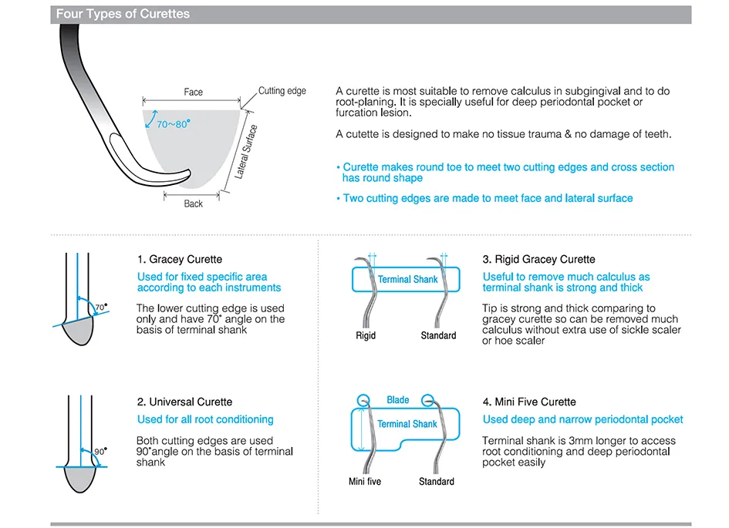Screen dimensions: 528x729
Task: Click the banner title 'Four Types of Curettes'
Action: click(x=123, y=14)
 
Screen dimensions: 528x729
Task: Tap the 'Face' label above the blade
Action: click(x=194, y=92)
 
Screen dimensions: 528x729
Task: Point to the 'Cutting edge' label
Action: click(x=282, y=91)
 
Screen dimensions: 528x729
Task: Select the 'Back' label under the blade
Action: click(x=194, y=203)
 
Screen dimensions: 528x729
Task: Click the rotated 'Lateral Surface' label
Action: click(x=246, y=152)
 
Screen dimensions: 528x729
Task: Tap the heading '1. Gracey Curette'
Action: click(x=180, y=260)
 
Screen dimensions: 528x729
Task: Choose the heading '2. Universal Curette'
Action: click(x=184, y=402)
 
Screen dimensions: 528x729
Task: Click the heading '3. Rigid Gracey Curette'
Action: click(x=539, y=260)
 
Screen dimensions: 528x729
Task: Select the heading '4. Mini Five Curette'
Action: click(x=529, y=402)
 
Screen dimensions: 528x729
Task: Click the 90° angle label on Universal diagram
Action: click(x=100, y=451)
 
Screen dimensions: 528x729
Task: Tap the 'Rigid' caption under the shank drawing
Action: click(x=366, y=336)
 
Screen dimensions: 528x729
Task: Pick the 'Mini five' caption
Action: click(x=365, y=482)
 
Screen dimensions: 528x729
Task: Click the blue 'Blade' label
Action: click(x=398, y=400)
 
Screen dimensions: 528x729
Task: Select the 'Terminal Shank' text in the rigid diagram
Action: click(x=407, y=279)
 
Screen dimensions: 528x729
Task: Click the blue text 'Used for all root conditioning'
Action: click(x=205, y=419)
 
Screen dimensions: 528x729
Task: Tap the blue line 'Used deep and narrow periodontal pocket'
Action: click(x=583, y=419)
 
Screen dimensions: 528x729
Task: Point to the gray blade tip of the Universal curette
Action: click(x=79, y=479)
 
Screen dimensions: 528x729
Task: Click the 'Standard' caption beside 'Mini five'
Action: click(x=437, y=482)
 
